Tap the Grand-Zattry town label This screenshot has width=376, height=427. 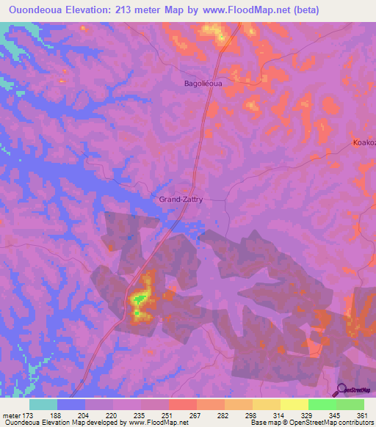coord(181,199)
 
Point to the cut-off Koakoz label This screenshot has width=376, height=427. coord(364,143)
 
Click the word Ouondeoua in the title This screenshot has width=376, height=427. coord(36,9)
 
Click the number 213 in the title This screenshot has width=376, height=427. coord(130,9)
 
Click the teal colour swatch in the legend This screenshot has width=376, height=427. coord(43,404)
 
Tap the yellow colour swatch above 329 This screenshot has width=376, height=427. coord(294,404)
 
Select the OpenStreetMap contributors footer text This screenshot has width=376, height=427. coord(330,423)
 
